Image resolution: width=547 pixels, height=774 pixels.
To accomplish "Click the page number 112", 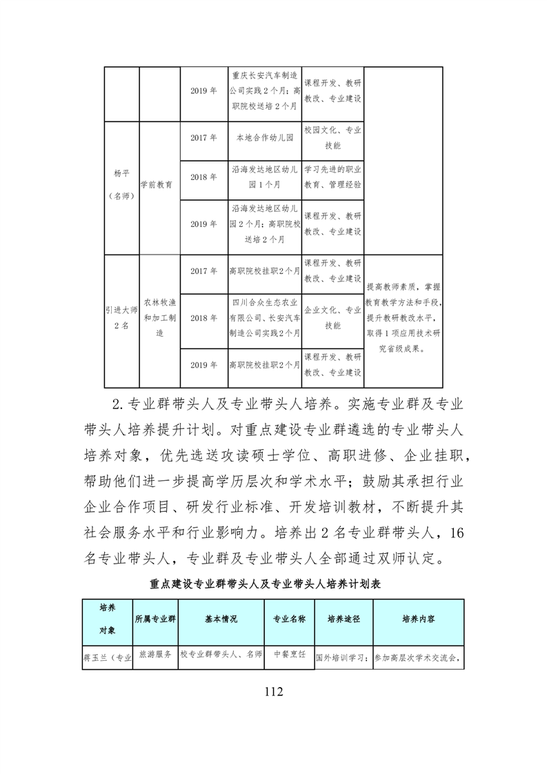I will point(273,691).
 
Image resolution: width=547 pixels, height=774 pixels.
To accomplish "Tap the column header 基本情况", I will point(221,619).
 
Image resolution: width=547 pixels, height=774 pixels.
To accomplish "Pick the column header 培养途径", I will point(343,619).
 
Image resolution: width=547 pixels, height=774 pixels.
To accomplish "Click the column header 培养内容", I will point(418,619).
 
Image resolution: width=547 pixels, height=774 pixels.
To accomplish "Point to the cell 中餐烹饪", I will point(289,653).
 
